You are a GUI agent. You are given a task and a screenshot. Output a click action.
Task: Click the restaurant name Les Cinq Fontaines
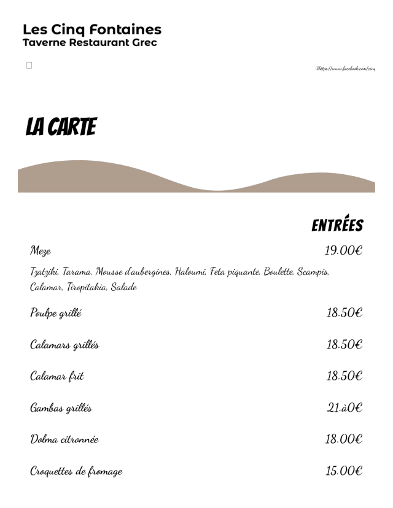point(92,29)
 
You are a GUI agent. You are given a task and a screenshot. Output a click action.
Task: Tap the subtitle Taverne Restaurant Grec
point(90,43)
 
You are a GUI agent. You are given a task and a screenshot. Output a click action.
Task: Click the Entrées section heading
point(337,225)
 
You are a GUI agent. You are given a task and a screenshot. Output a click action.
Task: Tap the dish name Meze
point(41,251)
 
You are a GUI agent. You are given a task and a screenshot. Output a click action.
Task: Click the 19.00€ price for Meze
point(344,250)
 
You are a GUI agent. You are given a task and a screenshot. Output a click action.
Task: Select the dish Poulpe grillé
point(56,314)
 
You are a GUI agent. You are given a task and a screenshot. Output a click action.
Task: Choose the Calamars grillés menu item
point(64,345)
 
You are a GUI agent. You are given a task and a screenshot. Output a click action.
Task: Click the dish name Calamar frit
point(57,376)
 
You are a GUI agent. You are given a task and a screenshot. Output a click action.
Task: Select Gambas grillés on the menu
point(61,408)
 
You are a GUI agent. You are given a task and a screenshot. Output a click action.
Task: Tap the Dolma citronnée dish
point(64,439)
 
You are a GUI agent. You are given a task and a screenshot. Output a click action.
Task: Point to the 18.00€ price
point(344,439)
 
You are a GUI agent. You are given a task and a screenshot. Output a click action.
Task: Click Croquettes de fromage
point(76,471)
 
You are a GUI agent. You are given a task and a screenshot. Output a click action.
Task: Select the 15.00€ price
point(344,471)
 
